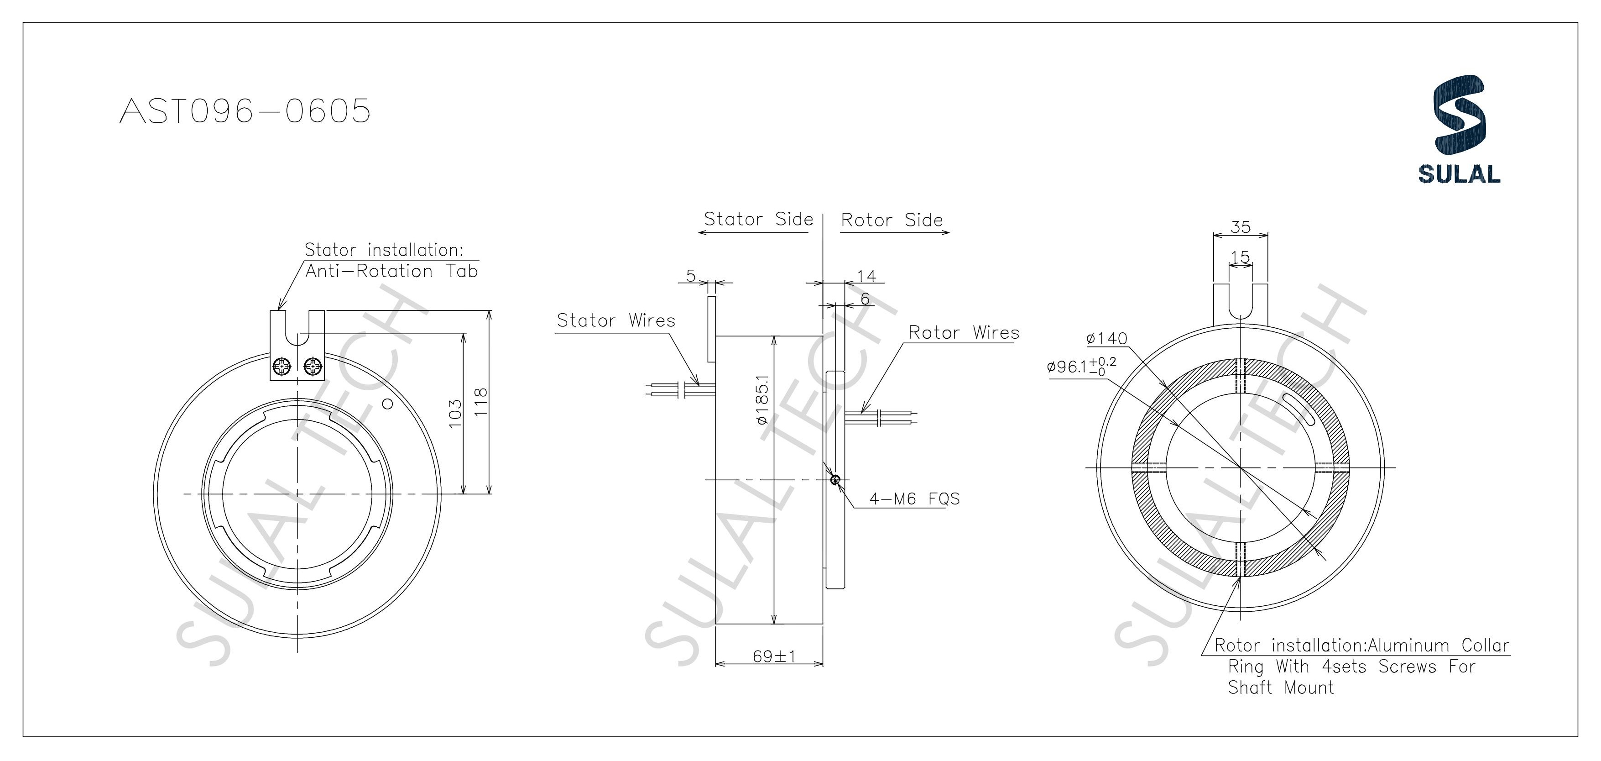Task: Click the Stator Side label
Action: pyautogui.click(x=758, y=220)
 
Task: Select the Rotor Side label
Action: pyautogui.click(x=892, y=220)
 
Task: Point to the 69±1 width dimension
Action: pyautogui.click(x=774, y=656)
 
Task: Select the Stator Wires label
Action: pyautogui.click(x=616, y=321)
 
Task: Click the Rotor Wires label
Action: pyautogui.click(x=963, y=333)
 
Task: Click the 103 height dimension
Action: pyautogui.click(x=455, y=413)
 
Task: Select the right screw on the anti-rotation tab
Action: pyautogui.click(x=313, y=367)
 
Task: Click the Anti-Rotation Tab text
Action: pyautogui.click(x=391, y=272)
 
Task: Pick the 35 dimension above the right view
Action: pyautogui.click(x=1241, y=227)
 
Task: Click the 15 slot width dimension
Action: pyautogui.click(x=1240, y=257)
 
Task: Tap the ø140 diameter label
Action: pyautogui.click(x=1106, y=339)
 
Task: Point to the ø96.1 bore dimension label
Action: pyautogui.click(x=1081, y=366)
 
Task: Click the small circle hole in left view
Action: pyautogui.click(x=387, y=404)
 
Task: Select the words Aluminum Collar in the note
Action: pyautogui.click(x=1438, y=646)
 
